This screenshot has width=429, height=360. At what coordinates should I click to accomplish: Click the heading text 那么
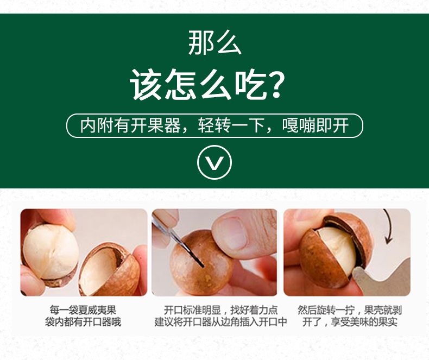click(x=214, y=42)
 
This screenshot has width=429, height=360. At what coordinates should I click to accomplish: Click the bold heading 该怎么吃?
click(x=207, y=85)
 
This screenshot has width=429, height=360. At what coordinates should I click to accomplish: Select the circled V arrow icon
click(x=214, y=162)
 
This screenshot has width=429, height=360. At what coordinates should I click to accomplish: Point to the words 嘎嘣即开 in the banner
click(x=316, y=125)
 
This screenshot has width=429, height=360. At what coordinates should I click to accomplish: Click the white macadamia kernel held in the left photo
click(x=51, y=252)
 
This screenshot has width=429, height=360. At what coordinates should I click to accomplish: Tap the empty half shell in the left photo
click(x=108, y=269)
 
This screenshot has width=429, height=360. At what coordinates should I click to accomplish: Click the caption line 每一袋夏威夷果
click(x=83, y=310)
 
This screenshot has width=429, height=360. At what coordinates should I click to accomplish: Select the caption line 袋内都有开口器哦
click(x=83, y=322)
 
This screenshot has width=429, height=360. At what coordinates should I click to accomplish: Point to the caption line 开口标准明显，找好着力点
click(x=220, y=310)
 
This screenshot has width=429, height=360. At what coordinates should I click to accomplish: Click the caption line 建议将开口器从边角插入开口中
click(x=220, y=322)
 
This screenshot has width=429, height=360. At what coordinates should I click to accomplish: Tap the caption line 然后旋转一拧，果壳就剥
click(x=350, y=310)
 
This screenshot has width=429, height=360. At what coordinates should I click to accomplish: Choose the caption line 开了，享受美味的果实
click(x=350, y=322)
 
